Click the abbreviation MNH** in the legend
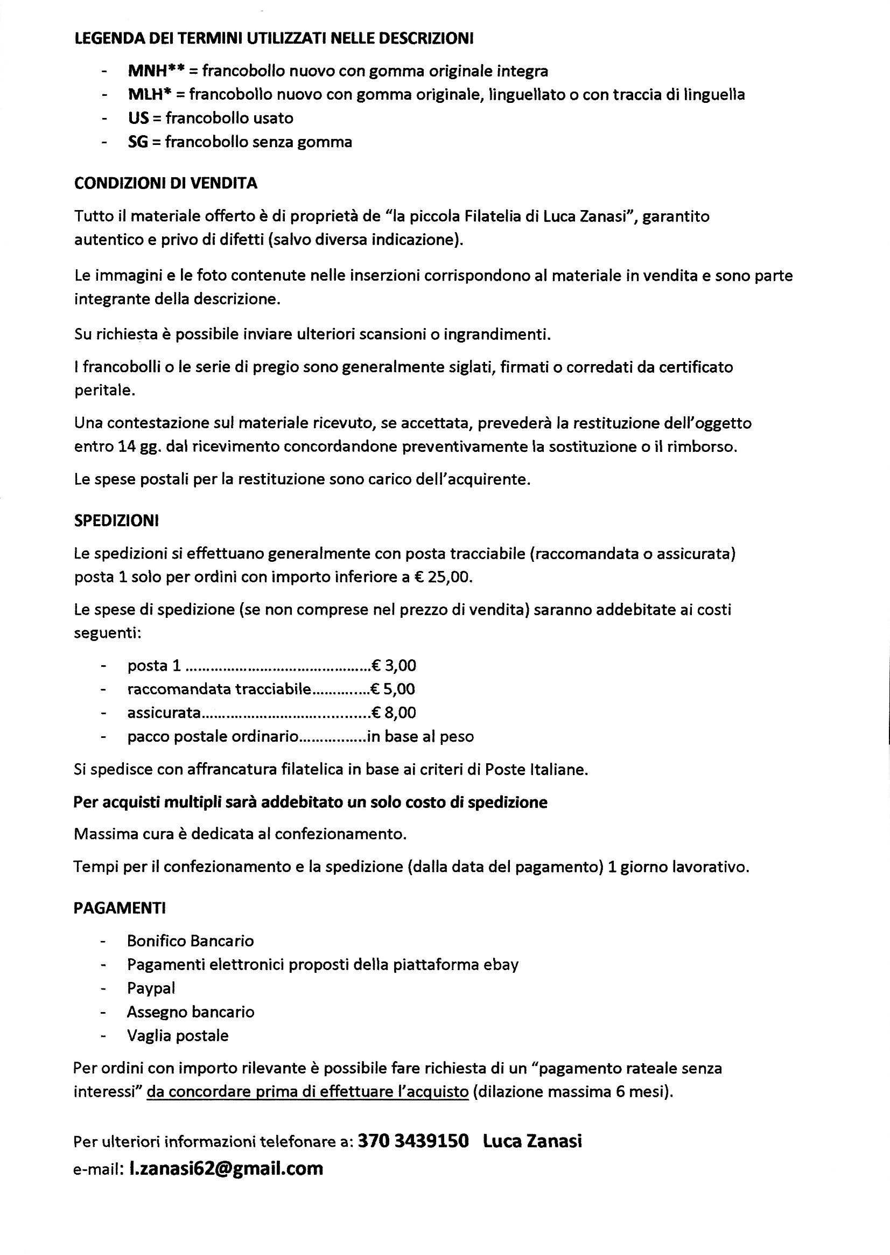pos(156,71)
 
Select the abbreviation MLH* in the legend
pos(146,95)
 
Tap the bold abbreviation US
pos(138,118)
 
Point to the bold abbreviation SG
pos(138,142)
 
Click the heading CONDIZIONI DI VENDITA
pos(165,183)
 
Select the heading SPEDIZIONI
pos(116,521)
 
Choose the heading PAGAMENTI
pos(120,909)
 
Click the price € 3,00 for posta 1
pos(394,666)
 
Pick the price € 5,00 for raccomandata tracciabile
pos(393,689)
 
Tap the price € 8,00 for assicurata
pos(394,713)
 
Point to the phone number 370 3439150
pos(413,1141)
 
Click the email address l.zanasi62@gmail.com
pos(226,1168)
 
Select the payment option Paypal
pos(151,988)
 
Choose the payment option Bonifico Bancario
pos(191,941)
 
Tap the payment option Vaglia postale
pos(178,1036)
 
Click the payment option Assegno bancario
pos(191,1012)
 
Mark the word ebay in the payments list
pos(500,965)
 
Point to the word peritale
pos(103,391)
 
